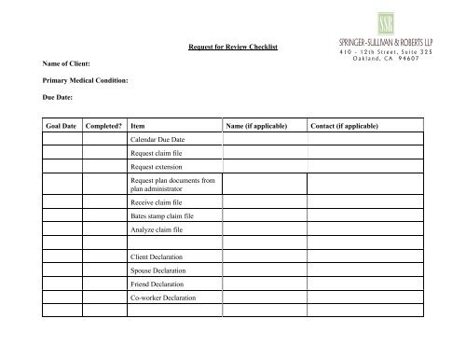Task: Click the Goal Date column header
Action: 58,124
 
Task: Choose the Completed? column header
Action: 104,124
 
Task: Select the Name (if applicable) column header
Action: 255,124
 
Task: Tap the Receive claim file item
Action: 156,201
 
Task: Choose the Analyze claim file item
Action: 157,229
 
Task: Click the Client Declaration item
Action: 157,256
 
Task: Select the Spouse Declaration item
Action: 158,270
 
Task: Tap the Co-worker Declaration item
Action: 163,298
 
